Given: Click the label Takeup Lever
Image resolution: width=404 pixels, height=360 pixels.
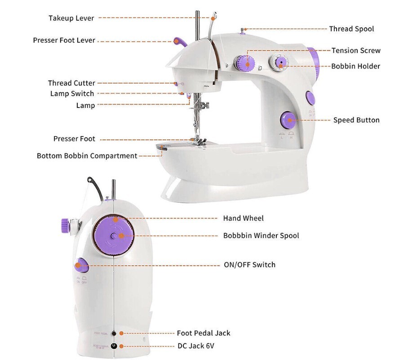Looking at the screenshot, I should (x=71, y=18).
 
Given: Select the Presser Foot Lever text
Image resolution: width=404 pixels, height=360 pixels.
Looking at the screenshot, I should (x=64, y=40).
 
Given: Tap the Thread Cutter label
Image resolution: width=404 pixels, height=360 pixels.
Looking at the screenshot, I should (x=71, y=83).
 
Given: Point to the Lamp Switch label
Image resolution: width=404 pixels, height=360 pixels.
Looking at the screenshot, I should (x=72, y=93).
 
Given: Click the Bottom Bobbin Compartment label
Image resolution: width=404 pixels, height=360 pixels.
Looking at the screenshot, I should (x=87, y=156).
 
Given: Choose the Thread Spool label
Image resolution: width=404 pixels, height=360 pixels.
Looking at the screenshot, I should (x=351, y=29).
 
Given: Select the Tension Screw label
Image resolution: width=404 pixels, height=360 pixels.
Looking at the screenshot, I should (x=356, y=50).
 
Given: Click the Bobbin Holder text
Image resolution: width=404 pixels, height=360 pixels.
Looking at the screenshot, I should (x=355, y=66).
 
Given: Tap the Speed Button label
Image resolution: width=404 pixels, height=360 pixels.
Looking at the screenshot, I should (x=356, y=120).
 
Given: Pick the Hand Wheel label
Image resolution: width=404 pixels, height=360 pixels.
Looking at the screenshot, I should (x=243, y=218).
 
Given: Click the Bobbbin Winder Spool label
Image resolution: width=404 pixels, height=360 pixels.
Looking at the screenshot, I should (x=261, y=236).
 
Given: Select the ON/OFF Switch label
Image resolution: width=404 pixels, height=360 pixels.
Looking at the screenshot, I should (x=249, y=265).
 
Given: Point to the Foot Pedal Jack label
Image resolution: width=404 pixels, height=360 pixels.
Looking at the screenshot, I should (x=203, y=333).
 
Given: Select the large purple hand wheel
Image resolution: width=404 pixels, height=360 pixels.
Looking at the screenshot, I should (x=114, y=235).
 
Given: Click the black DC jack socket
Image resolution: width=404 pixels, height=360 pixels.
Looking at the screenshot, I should (x=114, y=346).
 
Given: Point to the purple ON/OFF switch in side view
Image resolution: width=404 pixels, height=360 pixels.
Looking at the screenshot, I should (x=81, y=265).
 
